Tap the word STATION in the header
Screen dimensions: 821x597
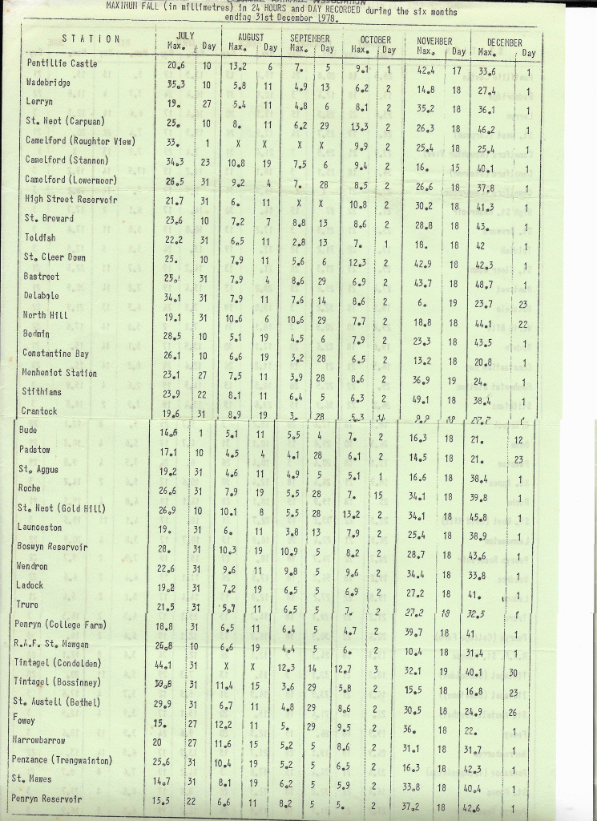click(91, 38)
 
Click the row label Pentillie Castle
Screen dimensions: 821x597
click(62, 63)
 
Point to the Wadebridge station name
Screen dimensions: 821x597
click(48, 82)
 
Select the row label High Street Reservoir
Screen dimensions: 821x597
click(71, 199)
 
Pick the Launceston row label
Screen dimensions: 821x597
click(40, 528)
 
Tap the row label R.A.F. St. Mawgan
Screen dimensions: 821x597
click(51, 644)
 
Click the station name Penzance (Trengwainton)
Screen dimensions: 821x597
click(62, 759)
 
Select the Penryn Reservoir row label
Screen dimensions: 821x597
click(46, 799)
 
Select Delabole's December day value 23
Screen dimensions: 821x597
click(522, 305)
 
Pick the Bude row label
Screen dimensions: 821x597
click(28, 431)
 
